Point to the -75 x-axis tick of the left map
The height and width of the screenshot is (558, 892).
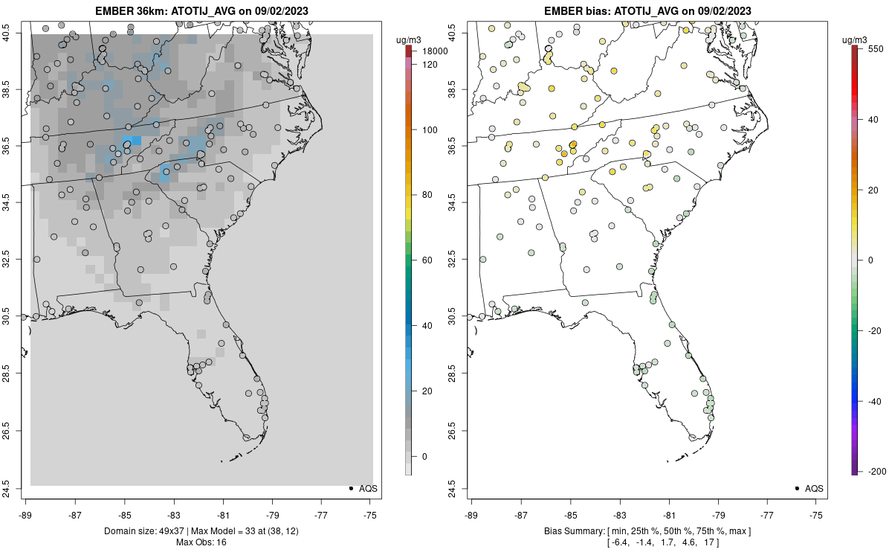pyautogui.click(x=370, y=514)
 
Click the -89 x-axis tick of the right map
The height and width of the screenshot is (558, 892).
pyautogui.click(x=471, y=514)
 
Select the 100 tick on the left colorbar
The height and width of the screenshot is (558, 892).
pyautogui.click(x=429, y=129)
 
